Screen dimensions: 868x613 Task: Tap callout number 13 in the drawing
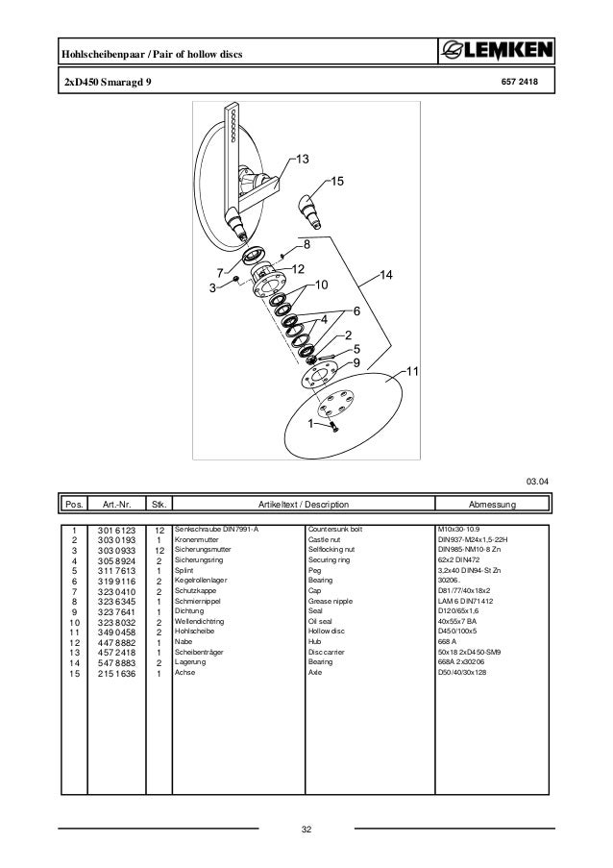(302, 159)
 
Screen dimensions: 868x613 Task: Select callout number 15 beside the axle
(336, 181)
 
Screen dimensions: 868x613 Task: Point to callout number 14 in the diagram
(386, 276)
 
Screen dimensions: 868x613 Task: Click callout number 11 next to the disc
(414, 370)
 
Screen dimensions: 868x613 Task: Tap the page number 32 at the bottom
(307, 829)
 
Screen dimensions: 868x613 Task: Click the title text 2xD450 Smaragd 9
(100, 84)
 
